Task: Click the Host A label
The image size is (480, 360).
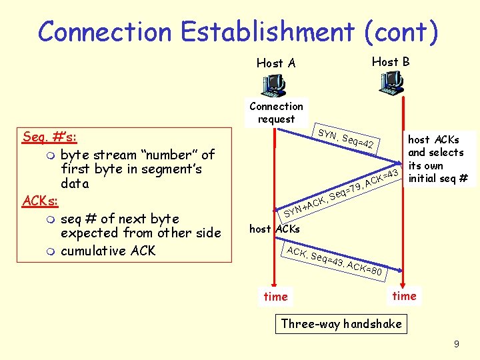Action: [275, 63]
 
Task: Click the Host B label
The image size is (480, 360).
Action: [391, 61]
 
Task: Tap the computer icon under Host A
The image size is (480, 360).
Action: [273, 85]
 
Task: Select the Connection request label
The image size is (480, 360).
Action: [276, 113]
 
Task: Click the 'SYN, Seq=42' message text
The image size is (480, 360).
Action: [348, 137]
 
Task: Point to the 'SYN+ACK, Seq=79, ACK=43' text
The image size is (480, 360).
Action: [341, 193]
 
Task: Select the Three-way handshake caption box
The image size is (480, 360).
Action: [341, 324]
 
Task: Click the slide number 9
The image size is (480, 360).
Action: [456, 345]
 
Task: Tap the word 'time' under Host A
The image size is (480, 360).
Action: [275, 297]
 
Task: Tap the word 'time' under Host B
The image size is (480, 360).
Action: [404, 295]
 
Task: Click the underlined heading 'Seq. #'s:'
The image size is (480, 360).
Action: [49, 137]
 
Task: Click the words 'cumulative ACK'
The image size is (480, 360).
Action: [107, 251]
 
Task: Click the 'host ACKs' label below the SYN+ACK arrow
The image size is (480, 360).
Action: [274, 229]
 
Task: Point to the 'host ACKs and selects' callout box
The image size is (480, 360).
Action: [437, 159]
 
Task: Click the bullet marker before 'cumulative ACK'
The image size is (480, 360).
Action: [43, 251]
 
